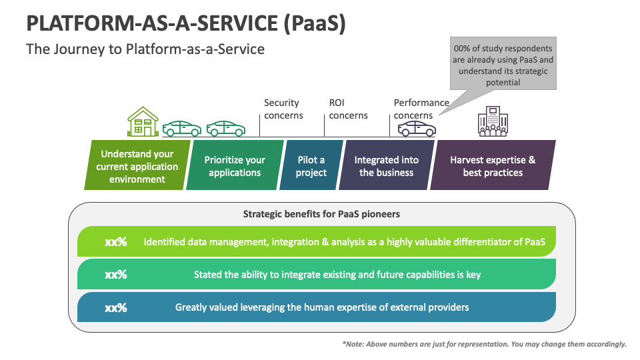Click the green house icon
[x=143, y=121]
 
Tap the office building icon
[x=492, y=122]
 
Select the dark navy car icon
[x=416, y=127]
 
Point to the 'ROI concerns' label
[x=348, y=109]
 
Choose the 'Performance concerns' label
[x=421, y=109]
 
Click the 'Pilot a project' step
[x=311, y=166]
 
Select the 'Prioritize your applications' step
[x=235, y=166]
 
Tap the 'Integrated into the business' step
[x=386, y=166]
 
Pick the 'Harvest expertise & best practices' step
[x=493, y=166]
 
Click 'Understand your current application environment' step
[x=137, y=166]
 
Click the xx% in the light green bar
[x=115, y=242]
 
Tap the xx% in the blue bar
[x=115, y=307]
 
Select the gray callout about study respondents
[x=503, y=65]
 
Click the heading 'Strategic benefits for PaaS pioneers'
[x=321, y=214]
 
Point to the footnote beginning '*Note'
[x=484, y=344]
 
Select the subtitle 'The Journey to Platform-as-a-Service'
[x=145, y=49]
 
